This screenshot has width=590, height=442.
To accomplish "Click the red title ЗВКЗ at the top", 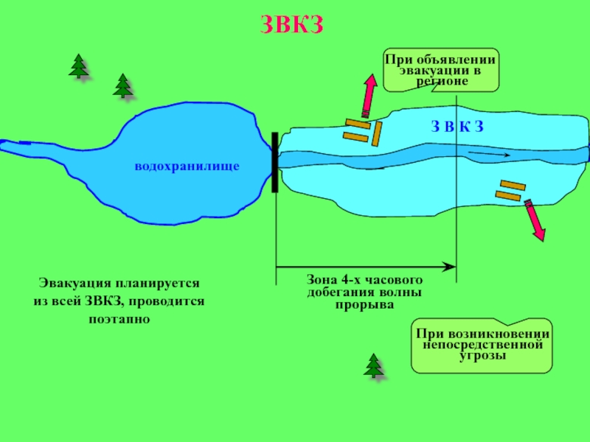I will [x=292, y=24].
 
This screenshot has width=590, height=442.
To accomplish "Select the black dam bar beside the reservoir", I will [x=275, y=162].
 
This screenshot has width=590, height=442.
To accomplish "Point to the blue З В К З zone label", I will [x=457, y=126].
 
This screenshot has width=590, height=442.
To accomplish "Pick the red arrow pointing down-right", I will [x=535, y=220].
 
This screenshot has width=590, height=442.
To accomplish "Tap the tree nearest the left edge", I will [x=78, y=66].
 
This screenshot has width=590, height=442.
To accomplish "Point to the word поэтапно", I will [x=119, y=319].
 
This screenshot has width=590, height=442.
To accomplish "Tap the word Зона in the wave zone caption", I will [x=322, y=281].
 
